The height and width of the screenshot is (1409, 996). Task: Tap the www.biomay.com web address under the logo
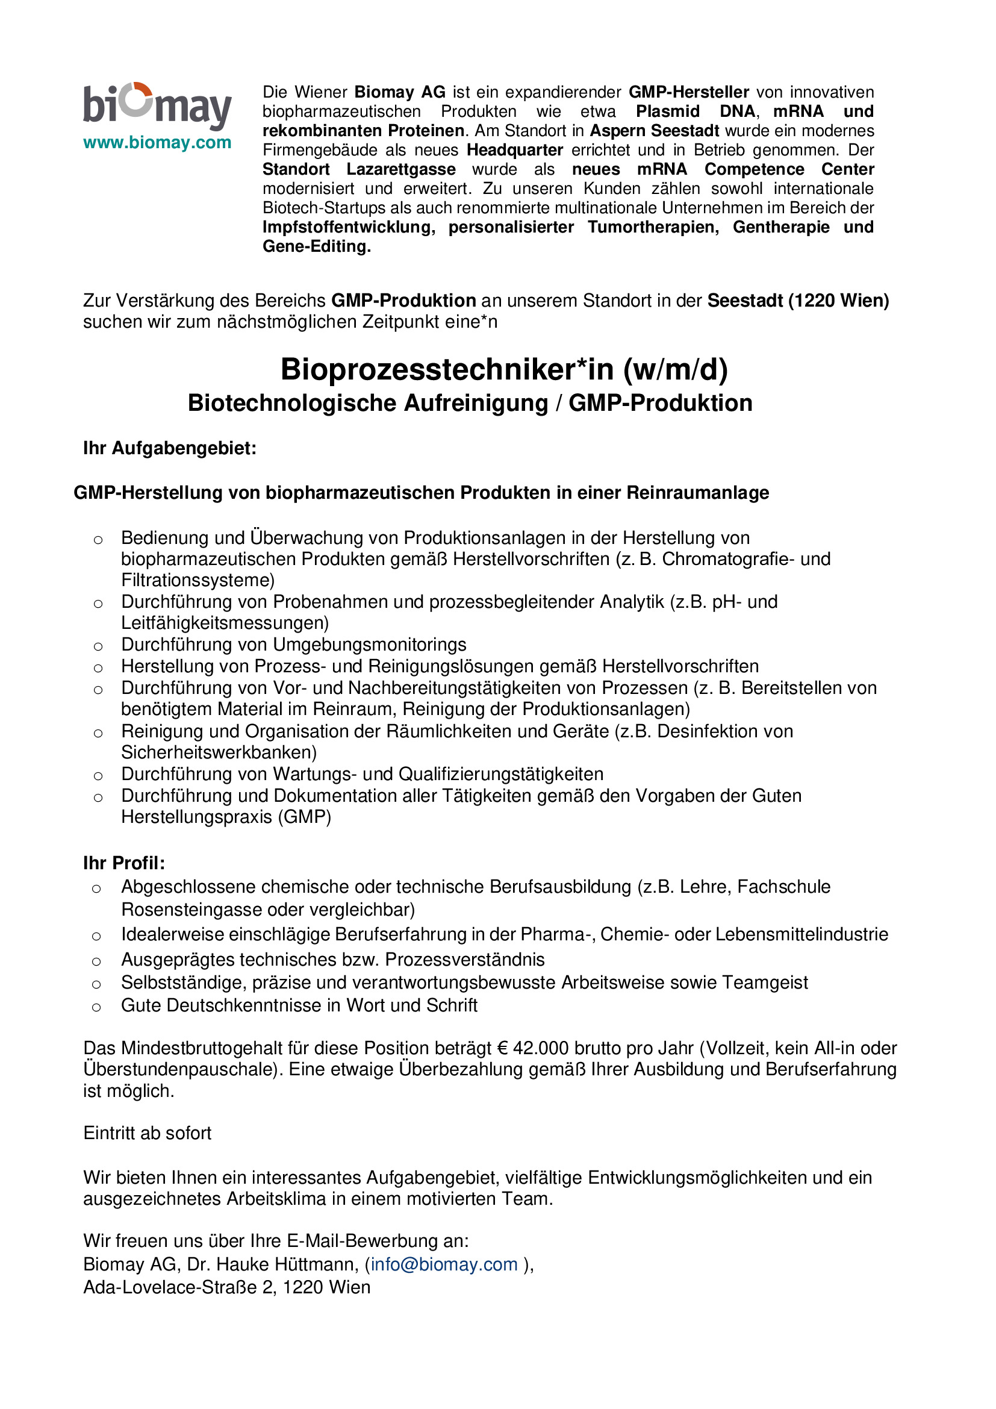[157, 143]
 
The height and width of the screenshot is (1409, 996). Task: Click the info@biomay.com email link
[444, 1264]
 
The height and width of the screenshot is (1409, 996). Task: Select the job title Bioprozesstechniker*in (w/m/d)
[504, 369]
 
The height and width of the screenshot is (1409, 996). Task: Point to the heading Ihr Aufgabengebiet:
[170, 449]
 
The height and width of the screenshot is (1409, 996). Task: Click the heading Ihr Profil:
[124, 863]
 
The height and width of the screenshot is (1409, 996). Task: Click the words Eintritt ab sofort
[147, 1133]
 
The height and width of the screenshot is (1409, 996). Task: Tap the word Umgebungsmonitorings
[369, 645]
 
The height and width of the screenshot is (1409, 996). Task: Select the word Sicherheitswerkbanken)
[219, 752]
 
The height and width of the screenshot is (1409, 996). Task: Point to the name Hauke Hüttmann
[287, 1264]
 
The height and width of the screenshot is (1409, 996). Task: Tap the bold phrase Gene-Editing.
[317, 247]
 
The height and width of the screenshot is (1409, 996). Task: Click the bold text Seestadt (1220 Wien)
[798, 301]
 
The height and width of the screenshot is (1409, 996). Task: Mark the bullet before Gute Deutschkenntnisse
[96, 1007]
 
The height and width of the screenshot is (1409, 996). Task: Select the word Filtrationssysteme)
[198, 580]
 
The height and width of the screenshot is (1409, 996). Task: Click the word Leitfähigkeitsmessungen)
[225, 623]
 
